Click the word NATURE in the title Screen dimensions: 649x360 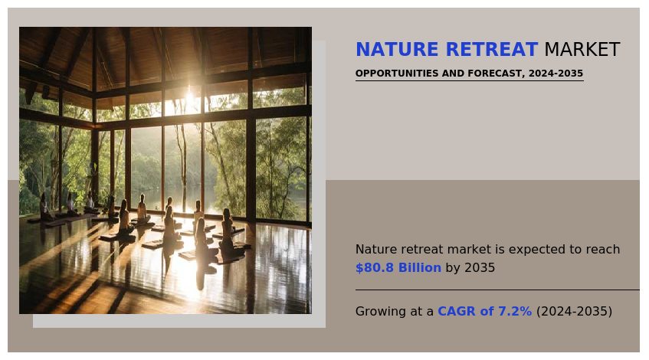(x=397, y=49)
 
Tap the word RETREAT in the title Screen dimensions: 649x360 (x=492, y=49)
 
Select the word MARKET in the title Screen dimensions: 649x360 (x=582, y=49)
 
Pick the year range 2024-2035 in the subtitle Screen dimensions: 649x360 (x=556, y=74)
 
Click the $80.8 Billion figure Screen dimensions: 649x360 (x=398, y=268)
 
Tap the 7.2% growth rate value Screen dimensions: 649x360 (x=515, y=311)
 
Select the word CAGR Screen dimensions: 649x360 (x=457, y=311)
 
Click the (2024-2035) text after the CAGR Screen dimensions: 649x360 (x=574, y=311)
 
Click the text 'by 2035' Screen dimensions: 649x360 (x=470, y=268)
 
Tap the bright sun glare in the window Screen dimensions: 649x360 (x=189, y=99)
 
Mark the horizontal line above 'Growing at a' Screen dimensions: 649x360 (x=497, y=290)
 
